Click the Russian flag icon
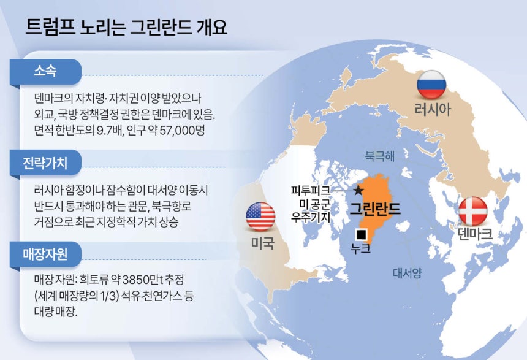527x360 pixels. (x=431, y=85)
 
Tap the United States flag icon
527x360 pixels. (x=260, y=216)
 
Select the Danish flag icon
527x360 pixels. (x=473, y=212)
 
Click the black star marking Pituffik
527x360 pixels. (x=358, y=191)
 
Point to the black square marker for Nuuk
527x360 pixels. (x=362, y=234)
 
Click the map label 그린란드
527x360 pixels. (x=375, y=209)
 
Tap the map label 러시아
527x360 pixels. (x=432, y=109)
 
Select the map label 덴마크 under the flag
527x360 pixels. (x=475, y=234)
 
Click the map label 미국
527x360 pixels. (x=262, y=243)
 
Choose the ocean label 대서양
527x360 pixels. (x=408, y=273)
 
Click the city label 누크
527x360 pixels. (x=361, y=248)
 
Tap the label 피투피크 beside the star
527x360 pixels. (x=311, y=191)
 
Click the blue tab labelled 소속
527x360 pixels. (x=46, y=71)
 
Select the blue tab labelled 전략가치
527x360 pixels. (x=46, y=163)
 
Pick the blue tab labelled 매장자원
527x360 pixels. (x=46, y=255)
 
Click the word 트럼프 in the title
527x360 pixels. (x=50, y=28)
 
